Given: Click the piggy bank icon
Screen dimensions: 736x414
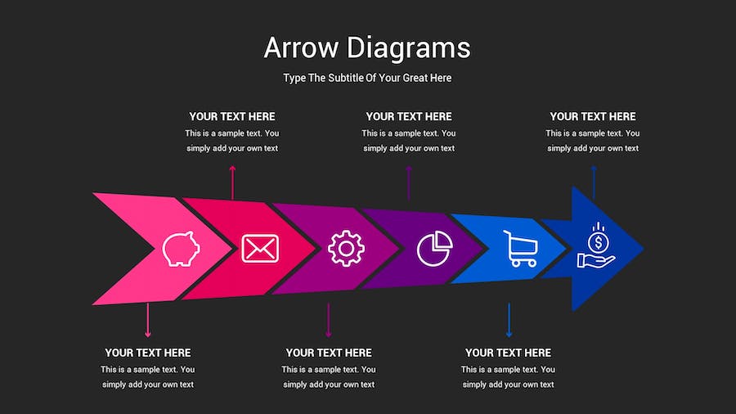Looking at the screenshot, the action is click(x=181, y=249).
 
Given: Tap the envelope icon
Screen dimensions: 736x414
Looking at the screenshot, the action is click(x=260, y=248).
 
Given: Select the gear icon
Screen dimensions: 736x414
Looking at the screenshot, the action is click(x=347, y=248).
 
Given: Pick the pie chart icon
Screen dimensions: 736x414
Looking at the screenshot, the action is click(x=435, y=248).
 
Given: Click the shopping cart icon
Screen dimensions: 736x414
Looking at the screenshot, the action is click(x=520, y=248).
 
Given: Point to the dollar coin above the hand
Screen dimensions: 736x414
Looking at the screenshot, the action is click(x=598, y=243).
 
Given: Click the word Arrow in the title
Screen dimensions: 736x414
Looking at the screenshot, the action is click(x=301, y=47).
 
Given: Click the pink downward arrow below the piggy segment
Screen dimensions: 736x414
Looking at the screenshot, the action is click(x=148, y=320).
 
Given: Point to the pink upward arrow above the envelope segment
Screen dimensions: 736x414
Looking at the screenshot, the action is click(x=232, y=182).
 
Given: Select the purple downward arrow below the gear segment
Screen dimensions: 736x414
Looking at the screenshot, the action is click(x=328, y=320).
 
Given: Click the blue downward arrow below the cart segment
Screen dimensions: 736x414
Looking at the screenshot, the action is click(x=509, y=320).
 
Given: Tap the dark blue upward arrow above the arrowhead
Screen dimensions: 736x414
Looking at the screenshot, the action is click(x=594, y=182).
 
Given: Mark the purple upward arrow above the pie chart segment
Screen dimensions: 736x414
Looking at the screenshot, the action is click(x=409, y=182).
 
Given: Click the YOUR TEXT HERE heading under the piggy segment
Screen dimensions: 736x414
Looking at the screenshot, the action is click(x=148, y=353).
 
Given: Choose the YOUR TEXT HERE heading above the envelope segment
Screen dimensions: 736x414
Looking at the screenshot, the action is click(x=232, y=116).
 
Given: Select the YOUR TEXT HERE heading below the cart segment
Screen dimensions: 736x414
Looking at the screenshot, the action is click(x=509, y=353).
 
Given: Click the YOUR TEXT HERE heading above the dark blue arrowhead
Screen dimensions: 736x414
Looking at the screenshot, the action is click(x=593, y=116).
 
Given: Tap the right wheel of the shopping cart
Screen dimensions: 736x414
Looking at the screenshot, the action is click(x=532, y=263).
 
